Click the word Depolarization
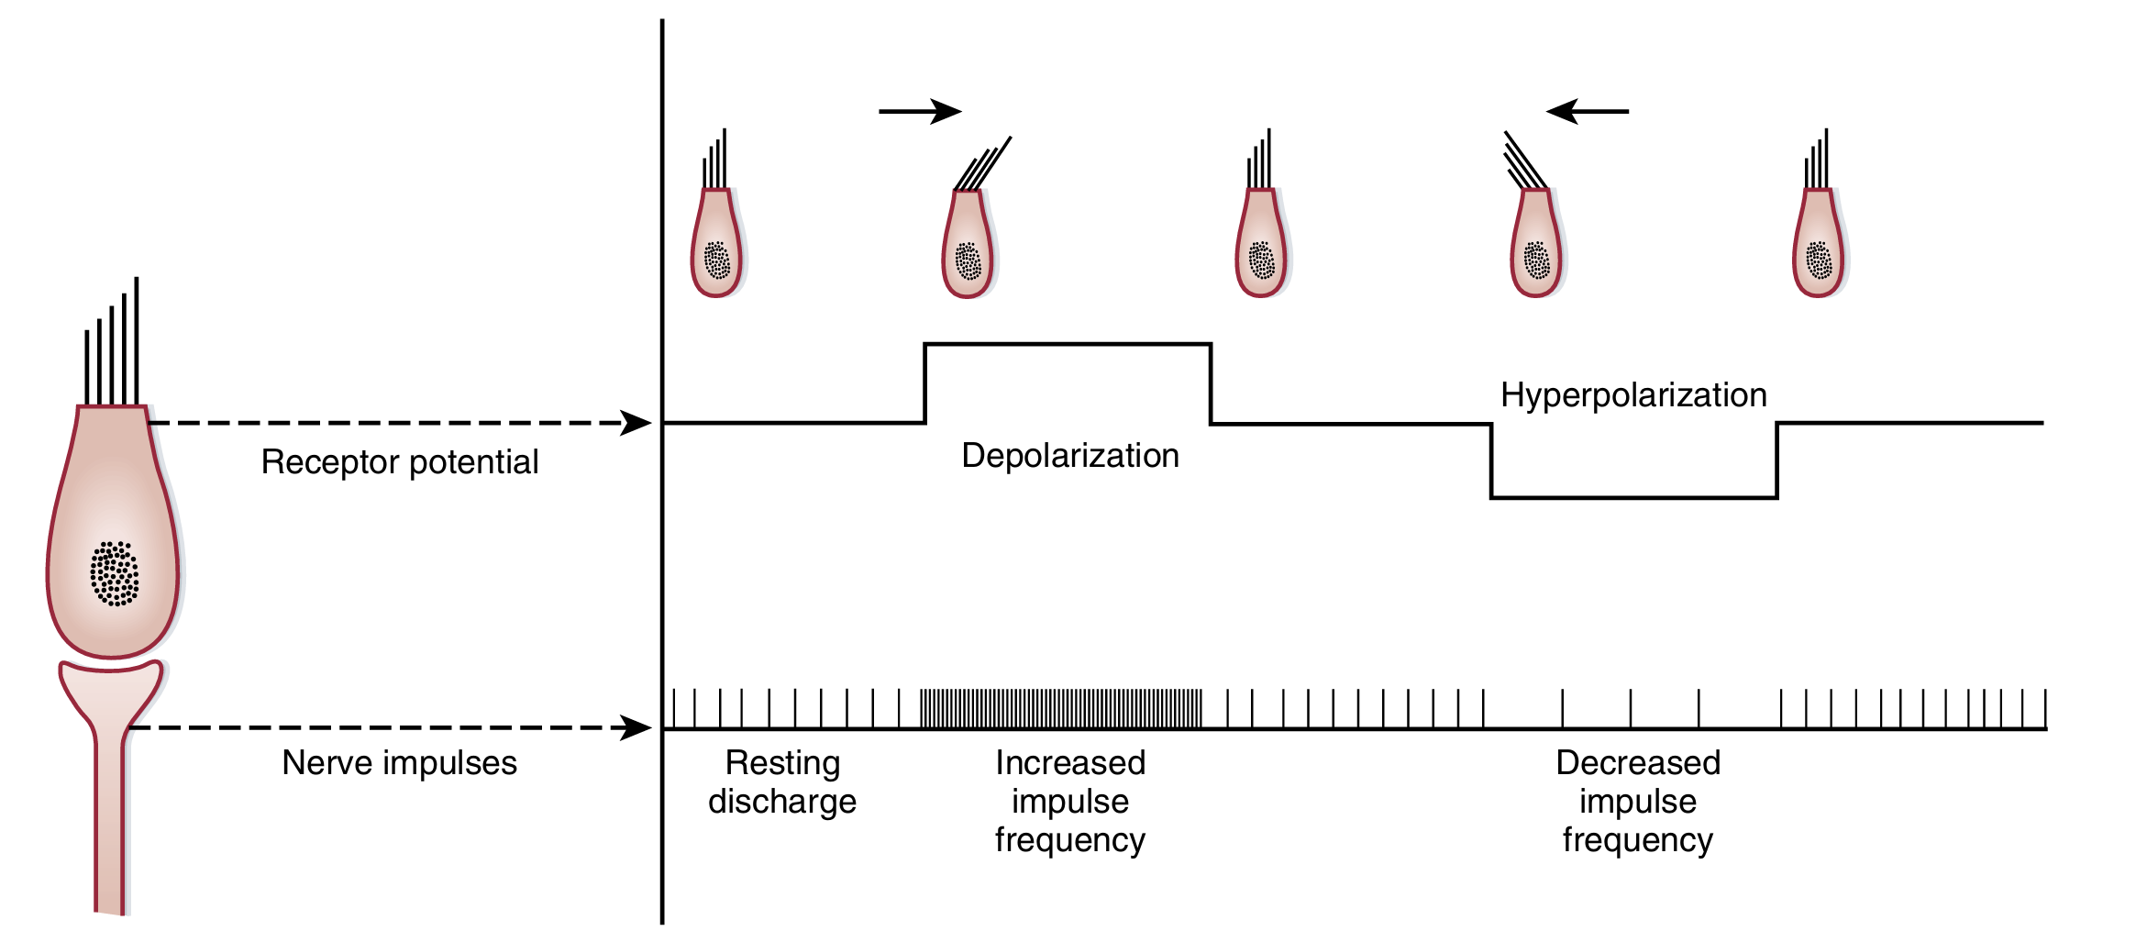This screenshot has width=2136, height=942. click(1069, 456)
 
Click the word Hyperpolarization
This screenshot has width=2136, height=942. click(1633, 395)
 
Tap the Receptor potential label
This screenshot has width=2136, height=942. click(399, 462)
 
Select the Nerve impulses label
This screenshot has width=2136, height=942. click(399, 763)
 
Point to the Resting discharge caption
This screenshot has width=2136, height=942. click(782, 782)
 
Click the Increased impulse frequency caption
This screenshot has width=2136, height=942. click(1070, 802)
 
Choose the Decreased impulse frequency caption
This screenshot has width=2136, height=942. click(1638, 802)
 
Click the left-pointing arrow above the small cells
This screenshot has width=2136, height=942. click(1588, 112)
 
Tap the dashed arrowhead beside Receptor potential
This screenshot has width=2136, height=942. click(636, 423)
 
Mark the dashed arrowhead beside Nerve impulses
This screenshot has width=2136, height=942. click(636, 728)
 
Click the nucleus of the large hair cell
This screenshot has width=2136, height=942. click(115, 574)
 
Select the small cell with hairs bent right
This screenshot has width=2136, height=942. click(968, 243)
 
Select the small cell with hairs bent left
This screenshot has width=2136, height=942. click(1536, 243)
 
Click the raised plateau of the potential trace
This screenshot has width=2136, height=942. click(1068, 345)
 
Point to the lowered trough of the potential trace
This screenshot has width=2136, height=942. click(1633, 497)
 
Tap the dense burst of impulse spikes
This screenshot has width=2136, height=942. click(1061, 709)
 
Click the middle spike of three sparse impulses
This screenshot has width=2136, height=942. click(1631, 709)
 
